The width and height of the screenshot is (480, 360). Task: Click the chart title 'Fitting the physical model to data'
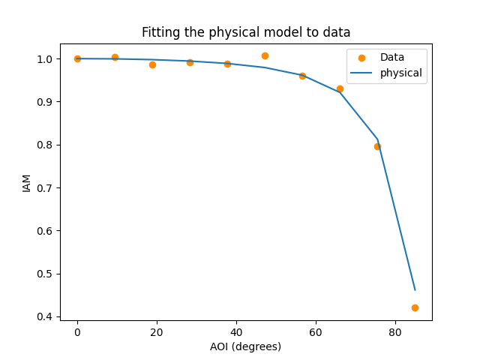246,32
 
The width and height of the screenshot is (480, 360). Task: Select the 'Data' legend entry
391,58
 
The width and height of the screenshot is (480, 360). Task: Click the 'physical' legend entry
400,73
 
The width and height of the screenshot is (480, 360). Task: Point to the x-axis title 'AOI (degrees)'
246,346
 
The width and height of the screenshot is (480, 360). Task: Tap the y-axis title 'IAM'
27,182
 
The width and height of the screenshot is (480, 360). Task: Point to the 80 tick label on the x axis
395,331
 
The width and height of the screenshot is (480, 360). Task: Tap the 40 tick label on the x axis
236,331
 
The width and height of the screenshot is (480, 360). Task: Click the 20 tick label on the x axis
157,331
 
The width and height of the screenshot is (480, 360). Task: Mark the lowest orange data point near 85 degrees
415,307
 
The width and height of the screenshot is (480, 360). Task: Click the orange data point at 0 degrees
77,58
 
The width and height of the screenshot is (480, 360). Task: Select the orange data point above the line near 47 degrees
265,55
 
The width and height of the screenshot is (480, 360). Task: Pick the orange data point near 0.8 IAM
377,146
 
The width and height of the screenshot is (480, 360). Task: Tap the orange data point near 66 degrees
340,88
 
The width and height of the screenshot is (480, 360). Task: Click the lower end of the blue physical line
415,289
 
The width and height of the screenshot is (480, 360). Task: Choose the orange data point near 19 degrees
152,64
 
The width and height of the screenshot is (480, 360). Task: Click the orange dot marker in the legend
361,58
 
